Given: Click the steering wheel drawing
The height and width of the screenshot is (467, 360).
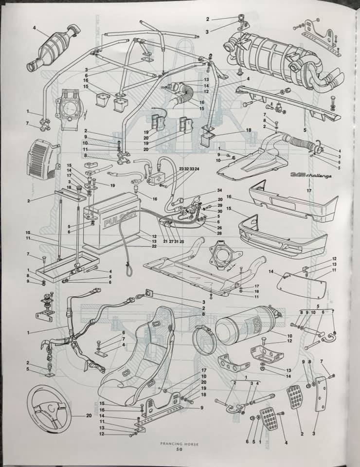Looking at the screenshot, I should tap(50, 407).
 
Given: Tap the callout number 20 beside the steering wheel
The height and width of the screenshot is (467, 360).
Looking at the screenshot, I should tap(89, 416).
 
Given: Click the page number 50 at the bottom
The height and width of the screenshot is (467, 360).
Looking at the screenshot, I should tap(180, 449).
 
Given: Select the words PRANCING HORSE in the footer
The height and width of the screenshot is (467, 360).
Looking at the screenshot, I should tap(180, 443).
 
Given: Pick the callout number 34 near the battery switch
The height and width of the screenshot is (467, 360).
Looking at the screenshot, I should tap(219, 190).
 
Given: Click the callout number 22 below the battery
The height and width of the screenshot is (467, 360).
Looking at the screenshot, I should tap(154, 247).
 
